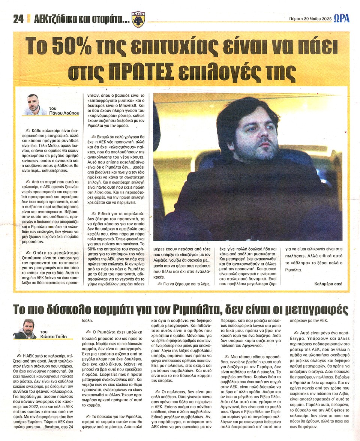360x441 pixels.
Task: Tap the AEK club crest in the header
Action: click(139, 19)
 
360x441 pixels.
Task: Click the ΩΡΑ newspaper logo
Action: click(342, 18)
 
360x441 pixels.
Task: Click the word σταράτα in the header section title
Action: click(111, 20)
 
